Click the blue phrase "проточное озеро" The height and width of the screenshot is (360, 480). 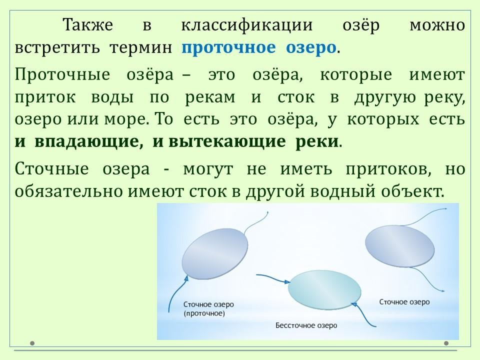pyautogui.click(x=258, y=48)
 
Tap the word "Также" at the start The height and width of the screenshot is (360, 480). pyautogui.click(x=88, y=25)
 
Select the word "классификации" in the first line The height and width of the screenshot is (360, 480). pyautogui.click(x=246, y=25)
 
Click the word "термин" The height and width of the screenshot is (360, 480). pyautogui.click(x=141, y=48)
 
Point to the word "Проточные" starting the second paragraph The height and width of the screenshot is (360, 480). pyautogui.click(x=62, y=74)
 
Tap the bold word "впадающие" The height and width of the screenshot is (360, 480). pyautogui.click(x=89, y=141)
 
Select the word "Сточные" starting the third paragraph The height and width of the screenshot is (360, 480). pyautogui.click(x=51, y=169)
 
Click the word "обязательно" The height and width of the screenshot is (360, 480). pyautogui.click(x=69, y=191)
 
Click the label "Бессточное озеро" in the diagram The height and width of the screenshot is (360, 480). pyautogui.click(x=306, y=325)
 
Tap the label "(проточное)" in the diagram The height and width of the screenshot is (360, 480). pyautogui.click(x=204, y=313)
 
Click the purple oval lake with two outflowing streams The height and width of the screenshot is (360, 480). pyautogui.click(x=399, y=246)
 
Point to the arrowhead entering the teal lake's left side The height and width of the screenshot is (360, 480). pyautogui.click(x=287, y=282)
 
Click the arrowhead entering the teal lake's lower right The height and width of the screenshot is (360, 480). pyautogui.click(x=354, y=304)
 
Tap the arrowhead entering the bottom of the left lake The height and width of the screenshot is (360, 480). pyautogui.click(x=186, y=277)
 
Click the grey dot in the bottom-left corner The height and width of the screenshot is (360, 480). pyautogui.click(x=32, y=343)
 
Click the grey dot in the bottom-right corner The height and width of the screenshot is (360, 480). pyautogui.click(x=446, y=343)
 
